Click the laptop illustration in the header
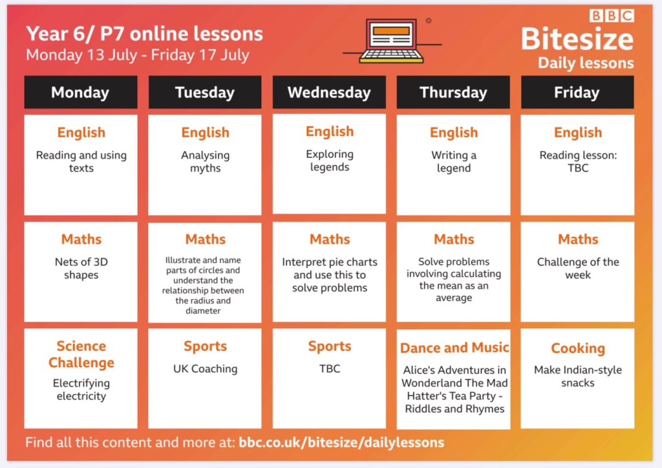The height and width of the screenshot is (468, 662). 392,41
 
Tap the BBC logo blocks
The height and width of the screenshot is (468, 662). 612,16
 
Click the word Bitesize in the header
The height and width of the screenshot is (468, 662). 577,39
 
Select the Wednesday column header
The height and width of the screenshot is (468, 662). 329,92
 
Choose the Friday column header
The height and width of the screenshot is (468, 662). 577,92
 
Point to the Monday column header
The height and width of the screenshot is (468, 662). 81,92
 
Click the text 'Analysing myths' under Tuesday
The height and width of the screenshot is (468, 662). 205,161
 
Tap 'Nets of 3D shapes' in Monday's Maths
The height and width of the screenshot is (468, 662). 81,268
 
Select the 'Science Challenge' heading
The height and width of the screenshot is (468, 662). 81,354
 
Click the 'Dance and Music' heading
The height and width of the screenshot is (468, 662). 454,348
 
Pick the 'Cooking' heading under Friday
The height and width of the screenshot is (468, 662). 578,348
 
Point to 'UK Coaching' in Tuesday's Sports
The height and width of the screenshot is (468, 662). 205,369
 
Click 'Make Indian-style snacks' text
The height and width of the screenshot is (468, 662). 578,376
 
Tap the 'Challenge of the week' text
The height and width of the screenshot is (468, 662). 578,268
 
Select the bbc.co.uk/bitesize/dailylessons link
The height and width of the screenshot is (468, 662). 341,443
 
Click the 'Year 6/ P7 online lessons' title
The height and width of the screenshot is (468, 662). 144,34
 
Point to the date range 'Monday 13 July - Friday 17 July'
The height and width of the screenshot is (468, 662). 138,55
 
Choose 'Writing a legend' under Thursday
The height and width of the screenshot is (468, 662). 454,161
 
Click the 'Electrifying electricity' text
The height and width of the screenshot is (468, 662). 81,390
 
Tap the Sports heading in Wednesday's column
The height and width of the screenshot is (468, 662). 329,346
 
